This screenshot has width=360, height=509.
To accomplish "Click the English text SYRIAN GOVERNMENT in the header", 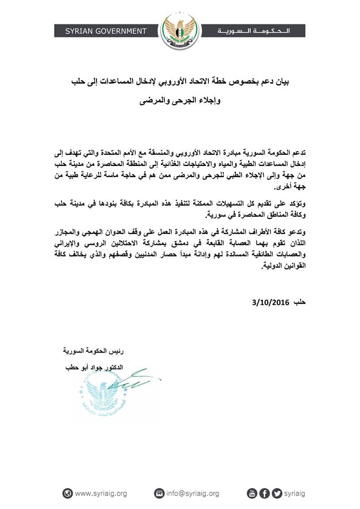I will [x=106, y=31].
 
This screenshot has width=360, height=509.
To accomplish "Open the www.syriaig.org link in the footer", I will [x=101, y=494].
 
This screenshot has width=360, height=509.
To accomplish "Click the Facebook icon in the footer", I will [x=264, y=494].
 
